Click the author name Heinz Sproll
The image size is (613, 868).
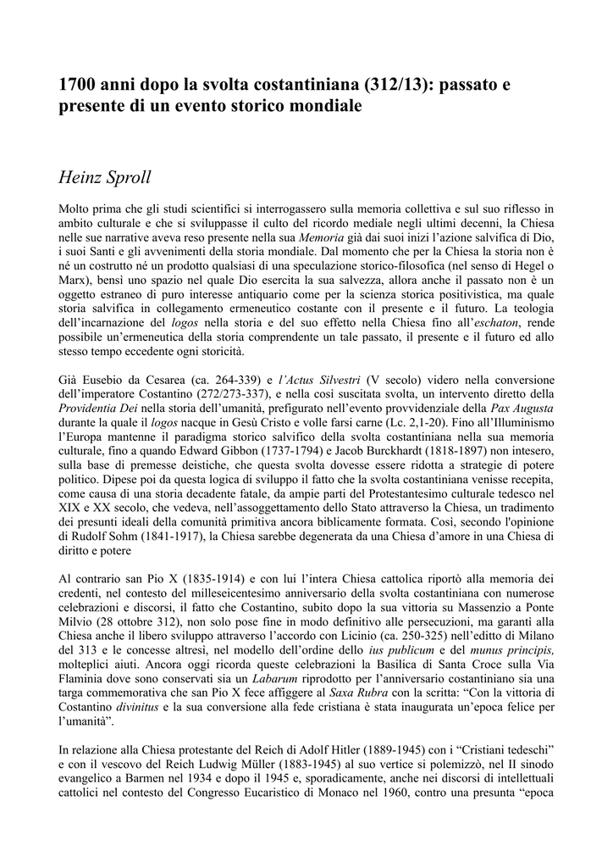[106, 179]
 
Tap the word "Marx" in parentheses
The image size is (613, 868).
[73, 281]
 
